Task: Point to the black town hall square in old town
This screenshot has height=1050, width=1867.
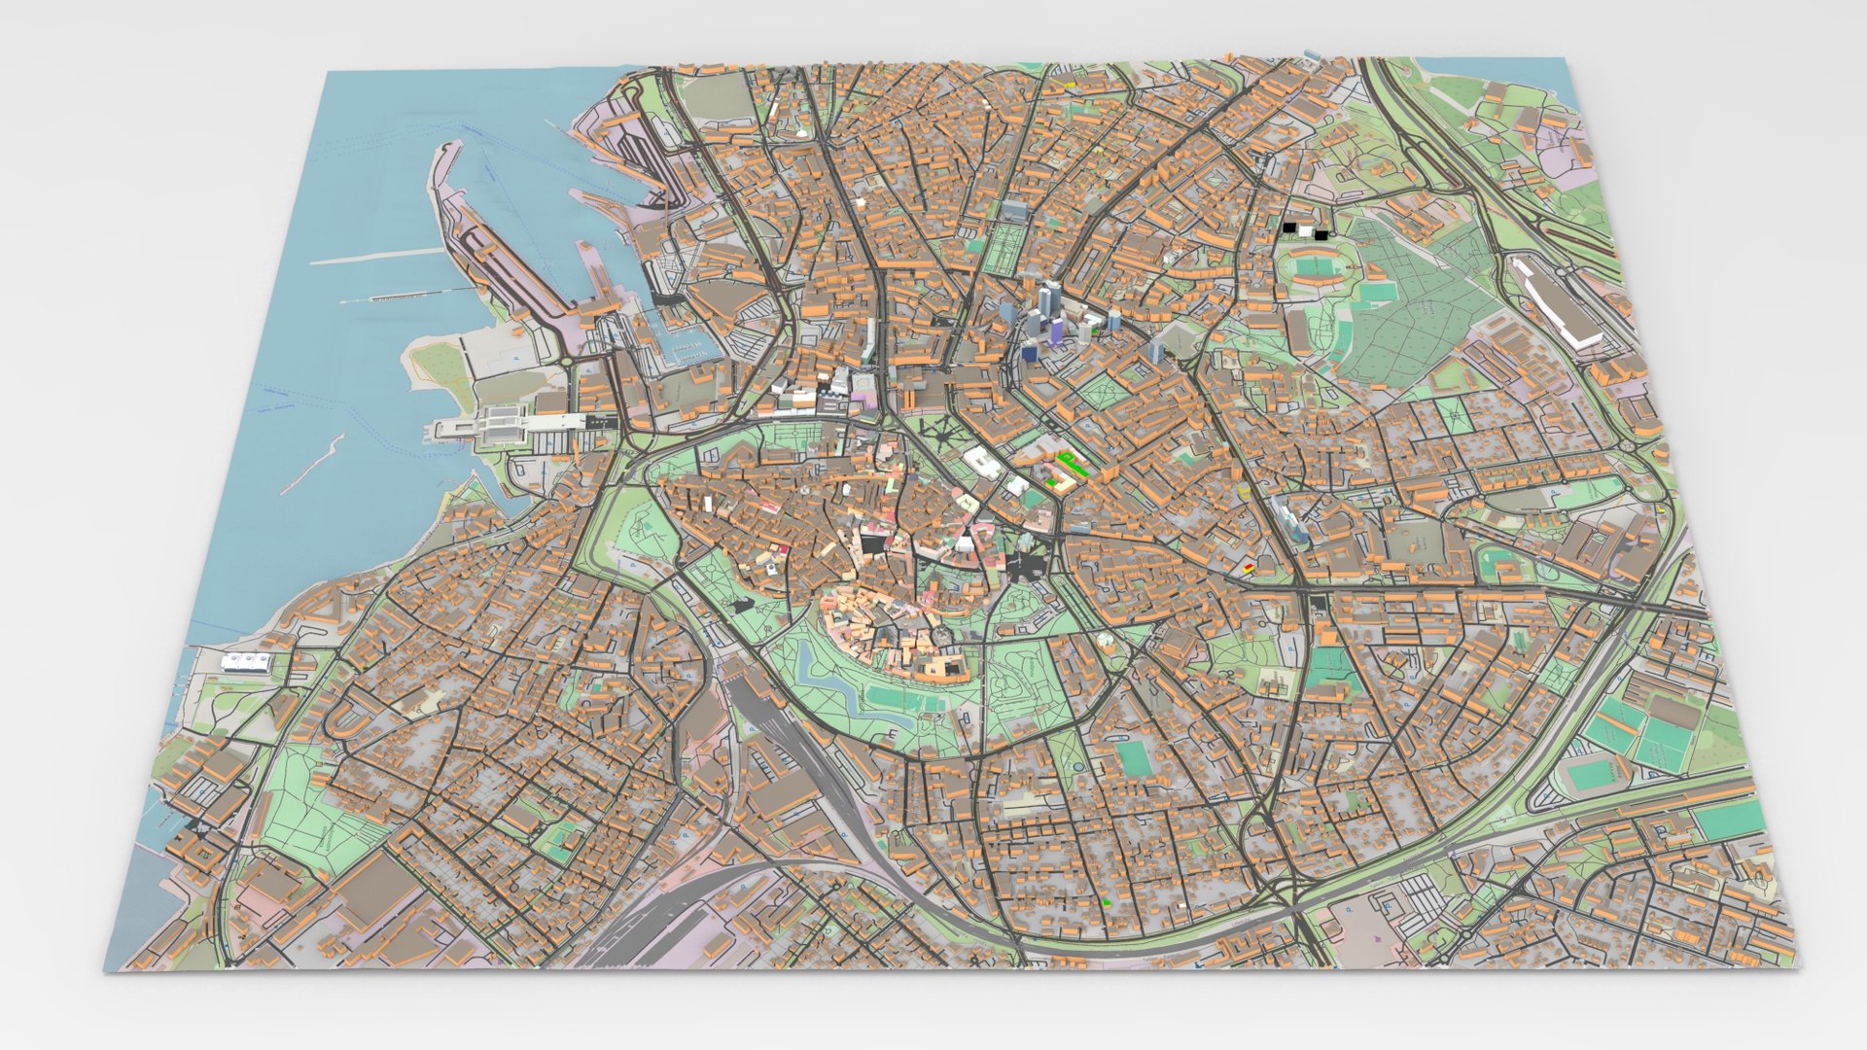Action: pyautogui.click(x=872, y=542)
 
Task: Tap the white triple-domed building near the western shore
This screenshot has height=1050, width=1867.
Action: pyautogui.click(x=245, y=661)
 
